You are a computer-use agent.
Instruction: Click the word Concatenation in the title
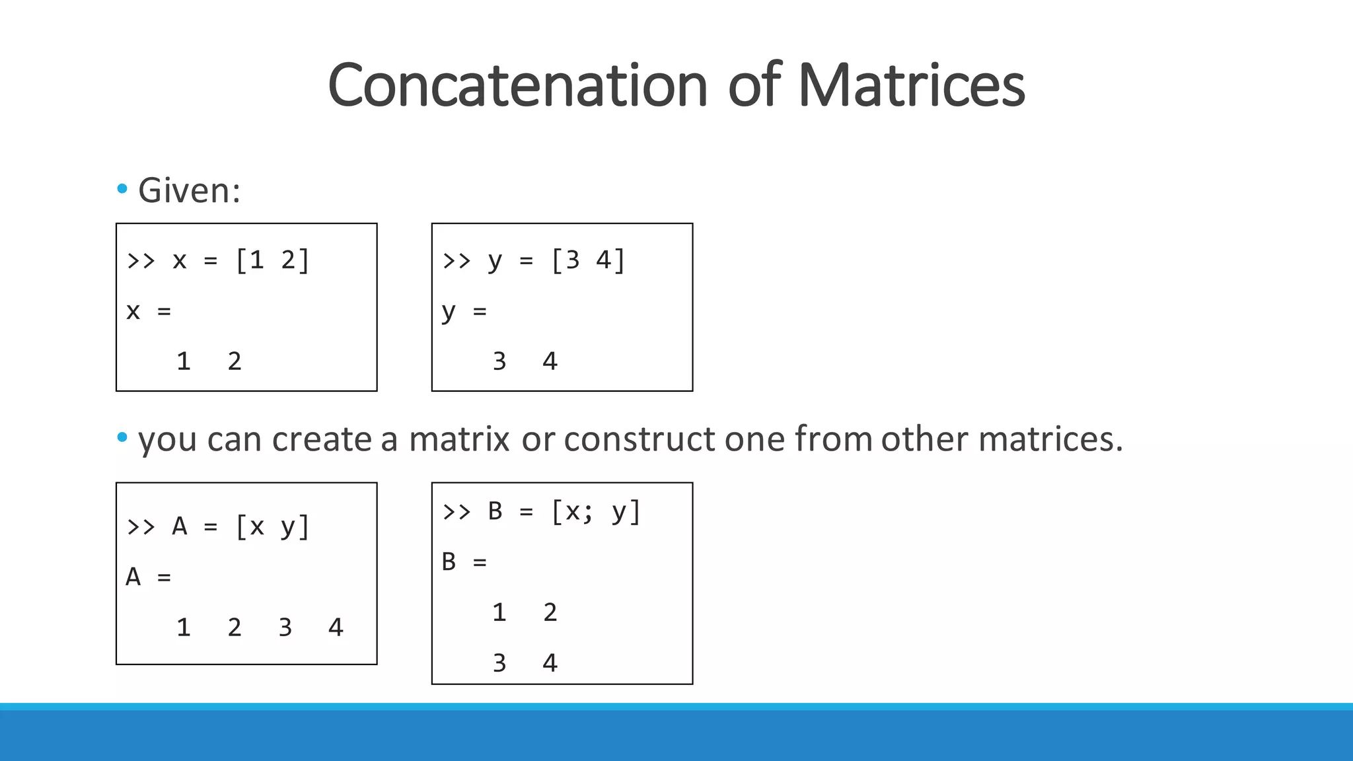(x=517, y=85)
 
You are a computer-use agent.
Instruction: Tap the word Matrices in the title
(x=912, y=85)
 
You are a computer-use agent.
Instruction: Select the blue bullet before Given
(x=122, y=190)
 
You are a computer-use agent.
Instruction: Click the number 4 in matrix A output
(x=336, y=627)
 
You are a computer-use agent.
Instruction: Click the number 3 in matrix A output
(x=285, y=627)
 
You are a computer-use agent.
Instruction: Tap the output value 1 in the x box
(x=184, y=361)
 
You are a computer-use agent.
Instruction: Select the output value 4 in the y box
(x=550, y=361)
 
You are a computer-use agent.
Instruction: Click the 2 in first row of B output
(x=550, y=612)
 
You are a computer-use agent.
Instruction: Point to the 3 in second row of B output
(x=499, y=663)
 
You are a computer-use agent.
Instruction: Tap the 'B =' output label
(x=464, y=562)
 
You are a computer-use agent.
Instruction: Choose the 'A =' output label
(x=148, y=577)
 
